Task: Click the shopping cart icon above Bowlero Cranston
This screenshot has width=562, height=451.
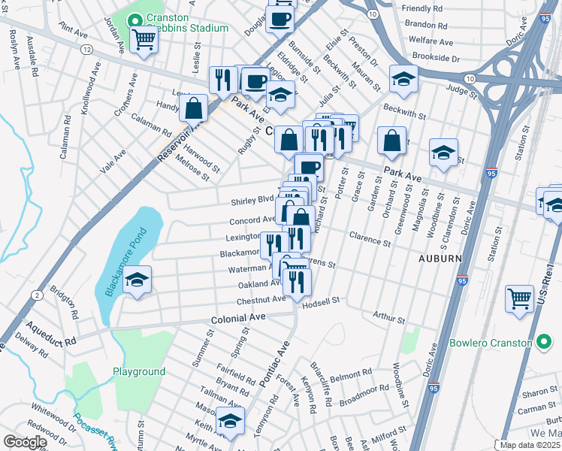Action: point(519,298)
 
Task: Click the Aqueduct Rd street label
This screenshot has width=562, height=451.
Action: point(51,335)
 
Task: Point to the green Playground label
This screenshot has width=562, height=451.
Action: point(139,372)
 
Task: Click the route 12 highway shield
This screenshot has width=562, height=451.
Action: point(87,49)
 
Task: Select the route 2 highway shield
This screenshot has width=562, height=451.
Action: point(37,295)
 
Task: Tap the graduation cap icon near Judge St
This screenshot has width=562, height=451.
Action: point(403,79)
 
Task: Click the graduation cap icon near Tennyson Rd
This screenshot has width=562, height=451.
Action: point(230,421)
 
